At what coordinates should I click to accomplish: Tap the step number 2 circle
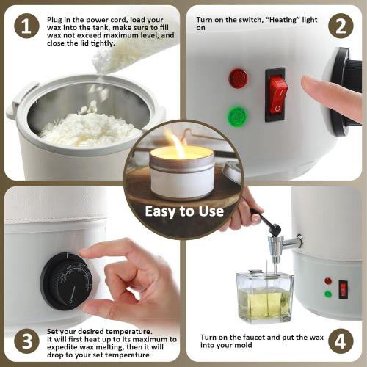pos(340,26)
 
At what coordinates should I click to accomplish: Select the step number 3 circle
pos(26,341)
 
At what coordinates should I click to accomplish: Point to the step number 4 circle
pos(340,341)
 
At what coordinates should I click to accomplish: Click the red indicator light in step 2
pos(238,78)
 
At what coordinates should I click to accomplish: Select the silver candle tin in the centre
pos(181,175)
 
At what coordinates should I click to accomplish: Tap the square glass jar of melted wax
pos(264,295)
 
